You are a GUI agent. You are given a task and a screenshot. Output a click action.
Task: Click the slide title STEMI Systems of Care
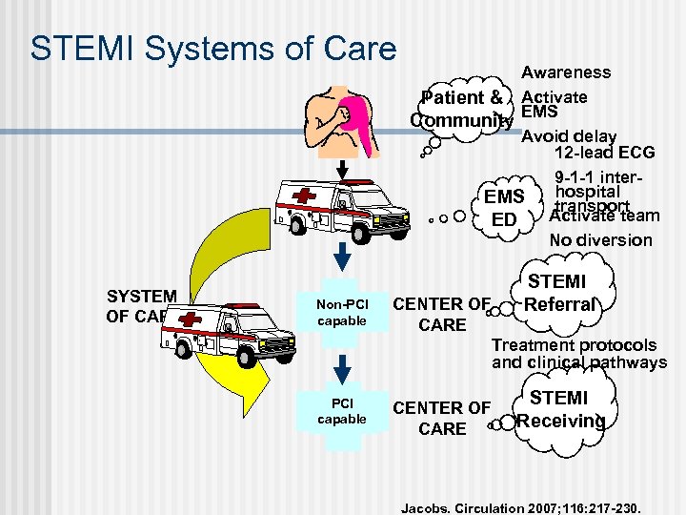pyautogui.click(x=212, y=50)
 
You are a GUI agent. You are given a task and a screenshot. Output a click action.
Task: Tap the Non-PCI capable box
pyautogui.click(x=342, y=312)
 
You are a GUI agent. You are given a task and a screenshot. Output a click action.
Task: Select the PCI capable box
pyautogui.click(x=342, y=411)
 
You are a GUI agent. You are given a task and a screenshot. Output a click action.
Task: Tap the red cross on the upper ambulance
pyautogui.click(x=306, y=196)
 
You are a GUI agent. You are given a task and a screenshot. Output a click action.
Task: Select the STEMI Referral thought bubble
pyautogui.click(x=558, y=294)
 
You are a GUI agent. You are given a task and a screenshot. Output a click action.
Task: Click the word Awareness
pyautogui.click(x=566, y=72)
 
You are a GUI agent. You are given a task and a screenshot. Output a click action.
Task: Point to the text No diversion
pyautogui.click(x=601, y=240)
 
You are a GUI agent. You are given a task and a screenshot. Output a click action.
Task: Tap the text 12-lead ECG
pyautogui.click(x=604, y=153)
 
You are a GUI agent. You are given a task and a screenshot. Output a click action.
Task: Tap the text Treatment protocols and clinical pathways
pyautogui.click(x=578, y=354)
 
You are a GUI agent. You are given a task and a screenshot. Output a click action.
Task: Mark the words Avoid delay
pyautogui.click(x=570, y=136)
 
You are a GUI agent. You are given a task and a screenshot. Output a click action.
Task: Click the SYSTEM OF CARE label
pyautogui.click(x=141, y=306)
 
